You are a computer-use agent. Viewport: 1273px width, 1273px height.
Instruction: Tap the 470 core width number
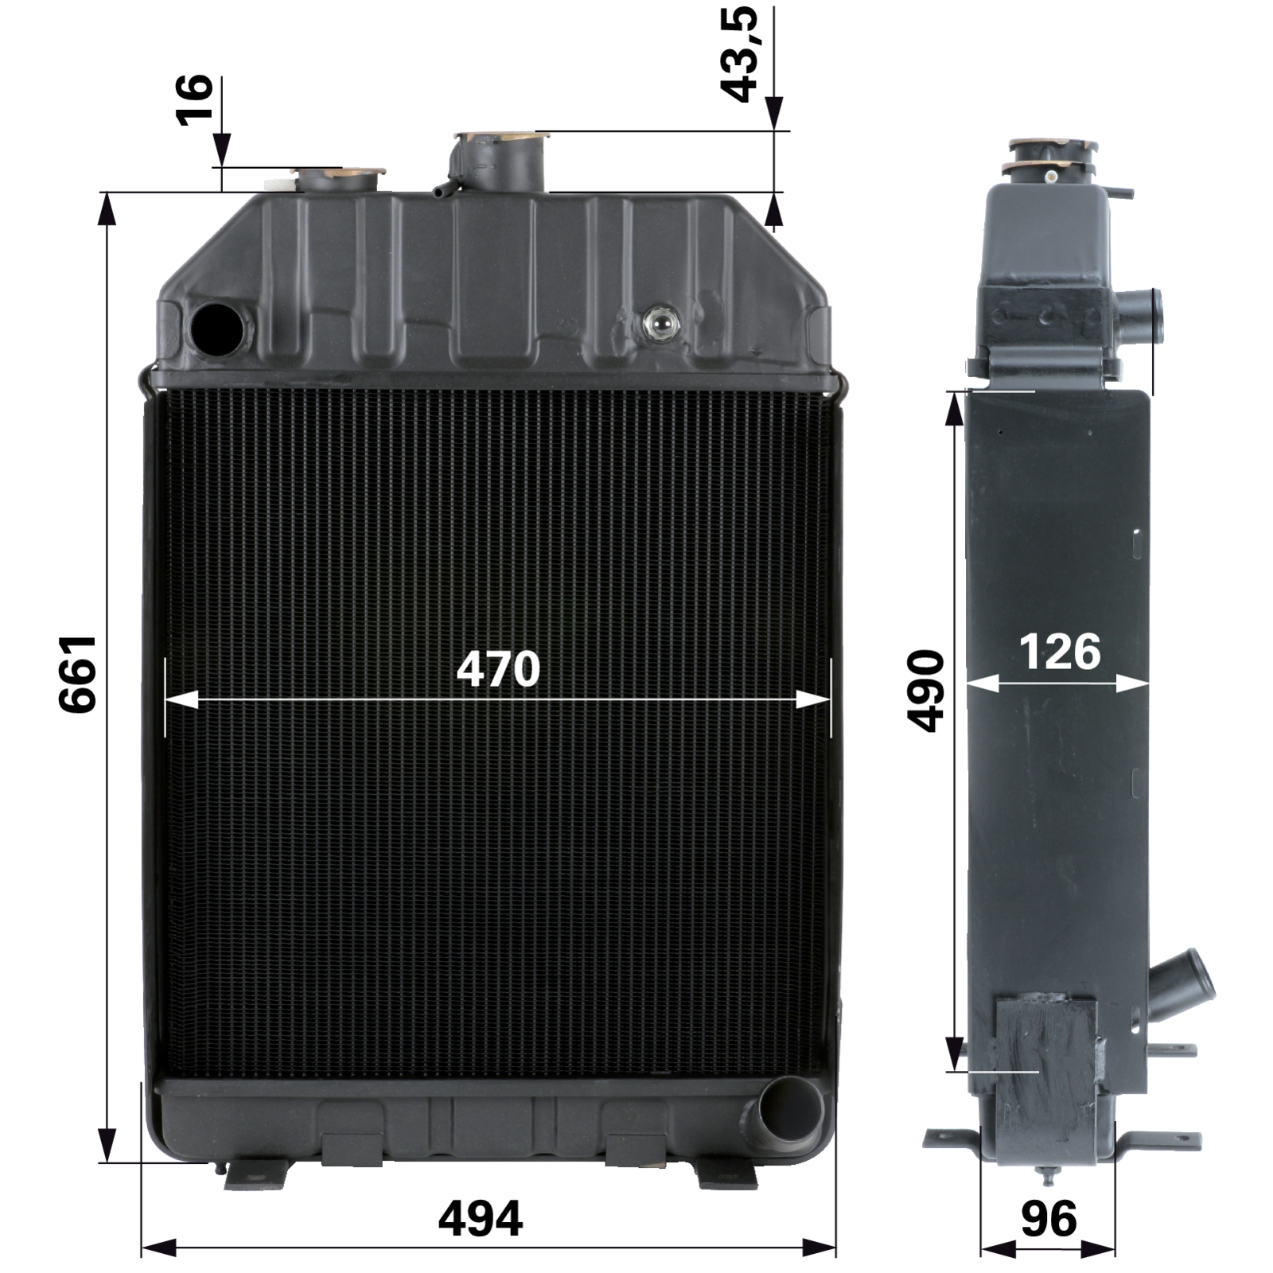click(x=498, y=669)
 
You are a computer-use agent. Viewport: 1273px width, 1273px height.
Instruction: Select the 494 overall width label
click(x=481, y=1218)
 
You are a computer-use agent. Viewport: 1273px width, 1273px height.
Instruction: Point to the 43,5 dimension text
click(x=739, y=55)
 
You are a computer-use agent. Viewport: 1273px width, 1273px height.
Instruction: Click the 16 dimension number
click(x=194, y=99)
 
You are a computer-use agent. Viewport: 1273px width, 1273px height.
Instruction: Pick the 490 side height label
click(x=925, y=691)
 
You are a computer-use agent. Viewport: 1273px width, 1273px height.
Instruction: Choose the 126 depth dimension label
click(x=1060, y=652)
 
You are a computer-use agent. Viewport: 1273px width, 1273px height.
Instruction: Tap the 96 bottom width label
click(x=1049, y=1218)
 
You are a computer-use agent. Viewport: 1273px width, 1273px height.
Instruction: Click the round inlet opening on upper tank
click(x=219, y=326)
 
